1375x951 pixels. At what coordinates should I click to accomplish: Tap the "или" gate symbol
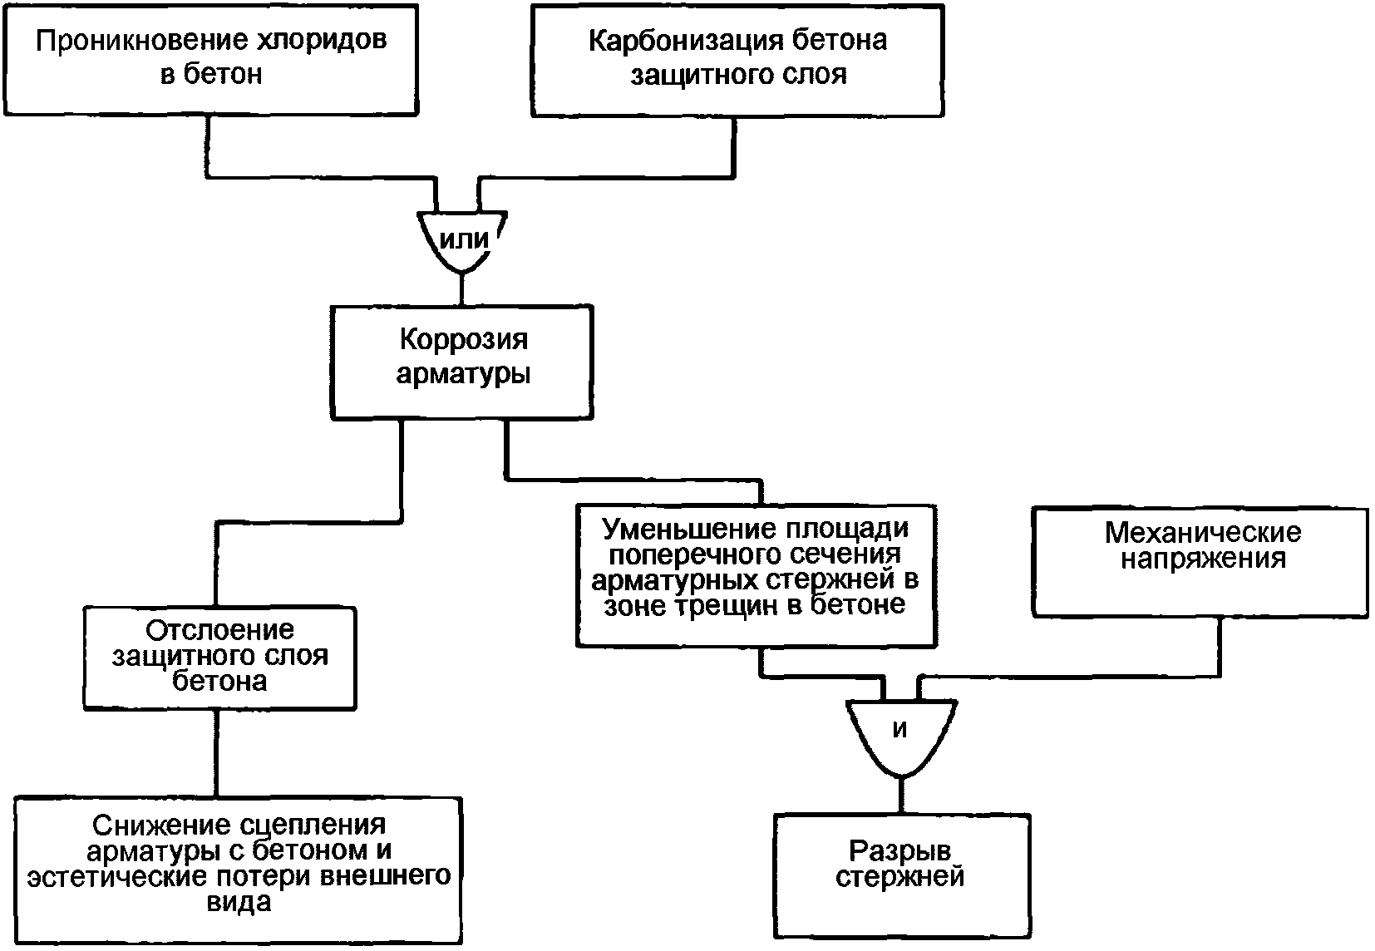[x=462, y=239]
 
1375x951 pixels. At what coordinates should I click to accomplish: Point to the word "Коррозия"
[x=463, y=340]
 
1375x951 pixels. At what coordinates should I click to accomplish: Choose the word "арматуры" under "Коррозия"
[x=463, y=374]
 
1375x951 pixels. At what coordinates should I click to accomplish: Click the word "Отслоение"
[x=220, y=629]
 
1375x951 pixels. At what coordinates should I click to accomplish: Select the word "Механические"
[x=1202, y=531]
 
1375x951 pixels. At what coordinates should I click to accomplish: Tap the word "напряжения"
[x=1202, y=558]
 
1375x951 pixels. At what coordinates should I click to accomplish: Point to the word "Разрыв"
[x=900, y=850]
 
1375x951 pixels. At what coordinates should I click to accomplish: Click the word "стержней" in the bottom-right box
[x=900, y=877]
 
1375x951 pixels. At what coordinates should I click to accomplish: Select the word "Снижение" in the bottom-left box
[x=150, y=825]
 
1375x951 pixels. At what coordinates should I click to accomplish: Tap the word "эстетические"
[x=112, y=877]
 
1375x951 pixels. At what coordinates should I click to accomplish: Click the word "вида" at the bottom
[x=239, y=903]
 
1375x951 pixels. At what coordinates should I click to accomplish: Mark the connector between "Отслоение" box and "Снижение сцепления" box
[x=216, y=753]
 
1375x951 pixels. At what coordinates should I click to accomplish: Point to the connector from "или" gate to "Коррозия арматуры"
[x=462, y=289]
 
